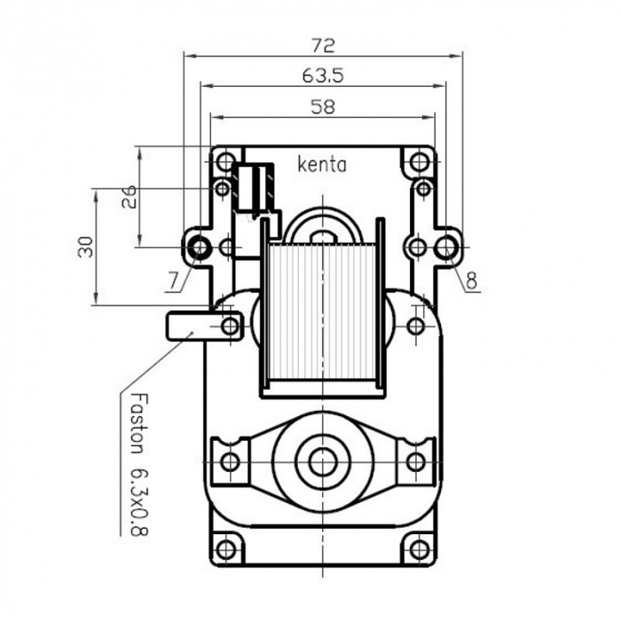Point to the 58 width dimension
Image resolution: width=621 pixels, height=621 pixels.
(x=323, y=107)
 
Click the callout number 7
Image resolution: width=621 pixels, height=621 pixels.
(x=171, y=282)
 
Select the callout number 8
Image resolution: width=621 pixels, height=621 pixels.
(x=471, y=282)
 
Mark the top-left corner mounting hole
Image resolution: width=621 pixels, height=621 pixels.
(x=226, y=163)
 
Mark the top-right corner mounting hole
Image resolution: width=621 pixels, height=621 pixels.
(x=420, y=163)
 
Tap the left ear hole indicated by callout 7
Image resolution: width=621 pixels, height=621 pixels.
(x=199, y=247)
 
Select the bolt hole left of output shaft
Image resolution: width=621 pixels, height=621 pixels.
(x=230, y=461)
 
